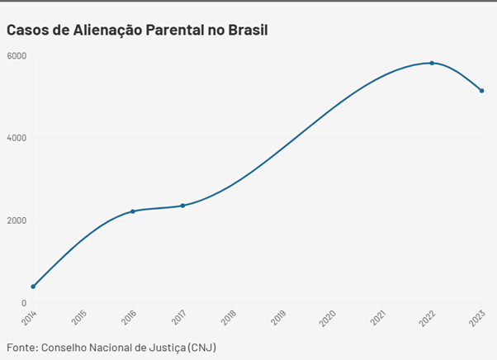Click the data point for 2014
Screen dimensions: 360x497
(x=33, y=287)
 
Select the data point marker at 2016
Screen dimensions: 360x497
(x=133, y=211)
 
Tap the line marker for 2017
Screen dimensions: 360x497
(x=182, y=206)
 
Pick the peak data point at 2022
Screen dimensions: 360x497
(x=432, y=63)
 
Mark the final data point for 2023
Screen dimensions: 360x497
(x=481, y=91)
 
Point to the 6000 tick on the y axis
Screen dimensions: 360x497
(x=17, y=56)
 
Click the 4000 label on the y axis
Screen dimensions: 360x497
(x=17, y=138)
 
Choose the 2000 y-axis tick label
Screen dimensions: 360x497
(x=17, y=220)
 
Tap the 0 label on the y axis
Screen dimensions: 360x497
(x=23, y=303)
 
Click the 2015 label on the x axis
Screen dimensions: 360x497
(x=80, y=318)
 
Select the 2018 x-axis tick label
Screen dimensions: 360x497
(x=230, y=318)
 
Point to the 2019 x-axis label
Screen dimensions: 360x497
(x=279, y=318)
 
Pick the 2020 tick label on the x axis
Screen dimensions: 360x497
(x=329, y=318)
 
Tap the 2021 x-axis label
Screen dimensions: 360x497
(x=379, y=318)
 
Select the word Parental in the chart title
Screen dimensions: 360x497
(x=175, y=30)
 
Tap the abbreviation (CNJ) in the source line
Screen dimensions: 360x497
(x=202, y=346)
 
